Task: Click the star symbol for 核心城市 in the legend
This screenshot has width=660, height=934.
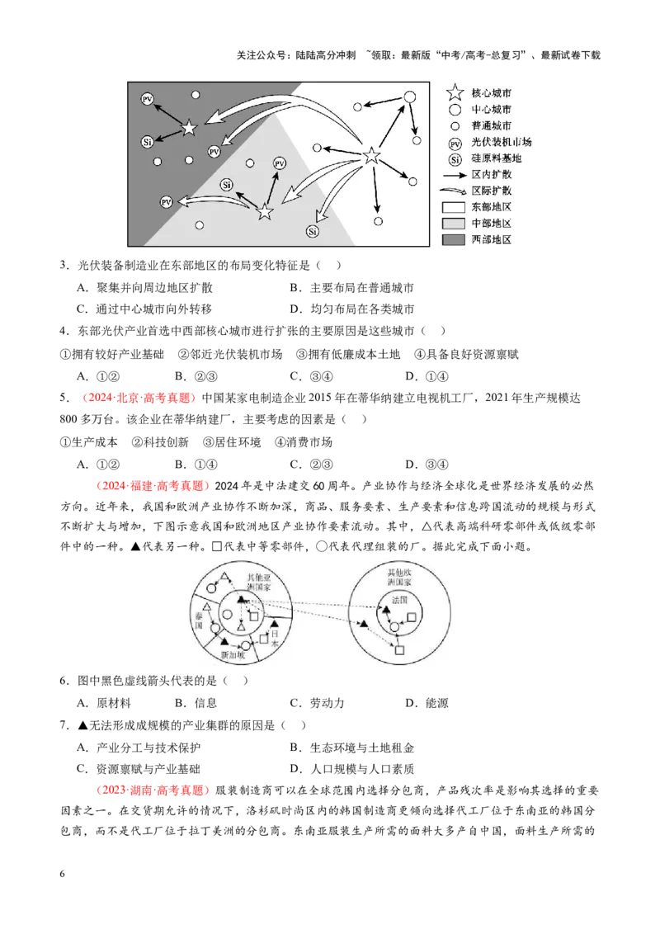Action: [x=455, y=92]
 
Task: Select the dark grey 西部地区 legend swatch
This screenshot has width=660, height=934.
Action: [x=453, y=239]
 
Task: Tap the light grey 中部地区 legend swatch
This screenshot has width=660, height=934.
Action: [x=453, y=224]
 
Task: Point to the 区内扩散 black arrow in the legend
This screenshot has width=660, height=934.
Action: [x=454, y=175]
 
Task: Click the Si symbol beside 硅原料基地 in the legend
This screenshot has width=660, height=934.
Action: [x=455, y=159]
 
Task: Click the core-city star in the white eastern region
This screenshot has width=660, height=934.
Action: [x=372, y=156]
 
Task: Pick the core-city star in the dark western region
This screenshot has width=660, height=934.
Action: [x=189, y=127]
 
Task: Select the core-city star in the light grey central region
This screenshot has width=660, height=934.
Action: [x=265, y=211]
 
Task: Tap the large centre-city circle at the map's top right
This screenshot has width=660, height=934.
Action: [x=409, y=97]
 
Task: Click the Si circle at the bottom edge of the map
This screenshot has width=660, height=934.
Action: [x=313, y=232]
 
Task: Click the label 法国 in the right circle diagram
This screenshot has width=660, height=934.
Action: [x=399, y=600]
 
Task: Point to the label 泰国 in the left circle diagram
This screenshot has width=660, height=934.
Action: [x=199, y=620]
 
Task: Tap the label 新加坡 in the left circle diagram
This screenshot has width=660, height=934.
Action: [x=233, y=654]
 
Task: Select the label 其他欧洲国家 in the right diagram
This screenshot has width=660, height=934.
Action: [x=399, y=577]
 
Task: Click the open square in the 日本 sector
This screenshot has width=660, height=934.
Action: [x=264, y=639]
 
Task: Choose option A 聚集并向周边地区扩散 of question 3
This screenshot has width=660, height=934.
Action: [x=144, y=288]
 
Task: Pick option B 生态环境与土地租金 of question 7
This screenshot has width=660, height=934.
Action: [x=352, y=748]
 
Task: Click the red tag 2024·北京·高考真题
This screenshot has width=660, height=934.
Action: [x=137, y=398]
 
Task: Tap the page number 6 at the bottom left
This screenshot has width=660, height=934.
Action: [x=63, y=874]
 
